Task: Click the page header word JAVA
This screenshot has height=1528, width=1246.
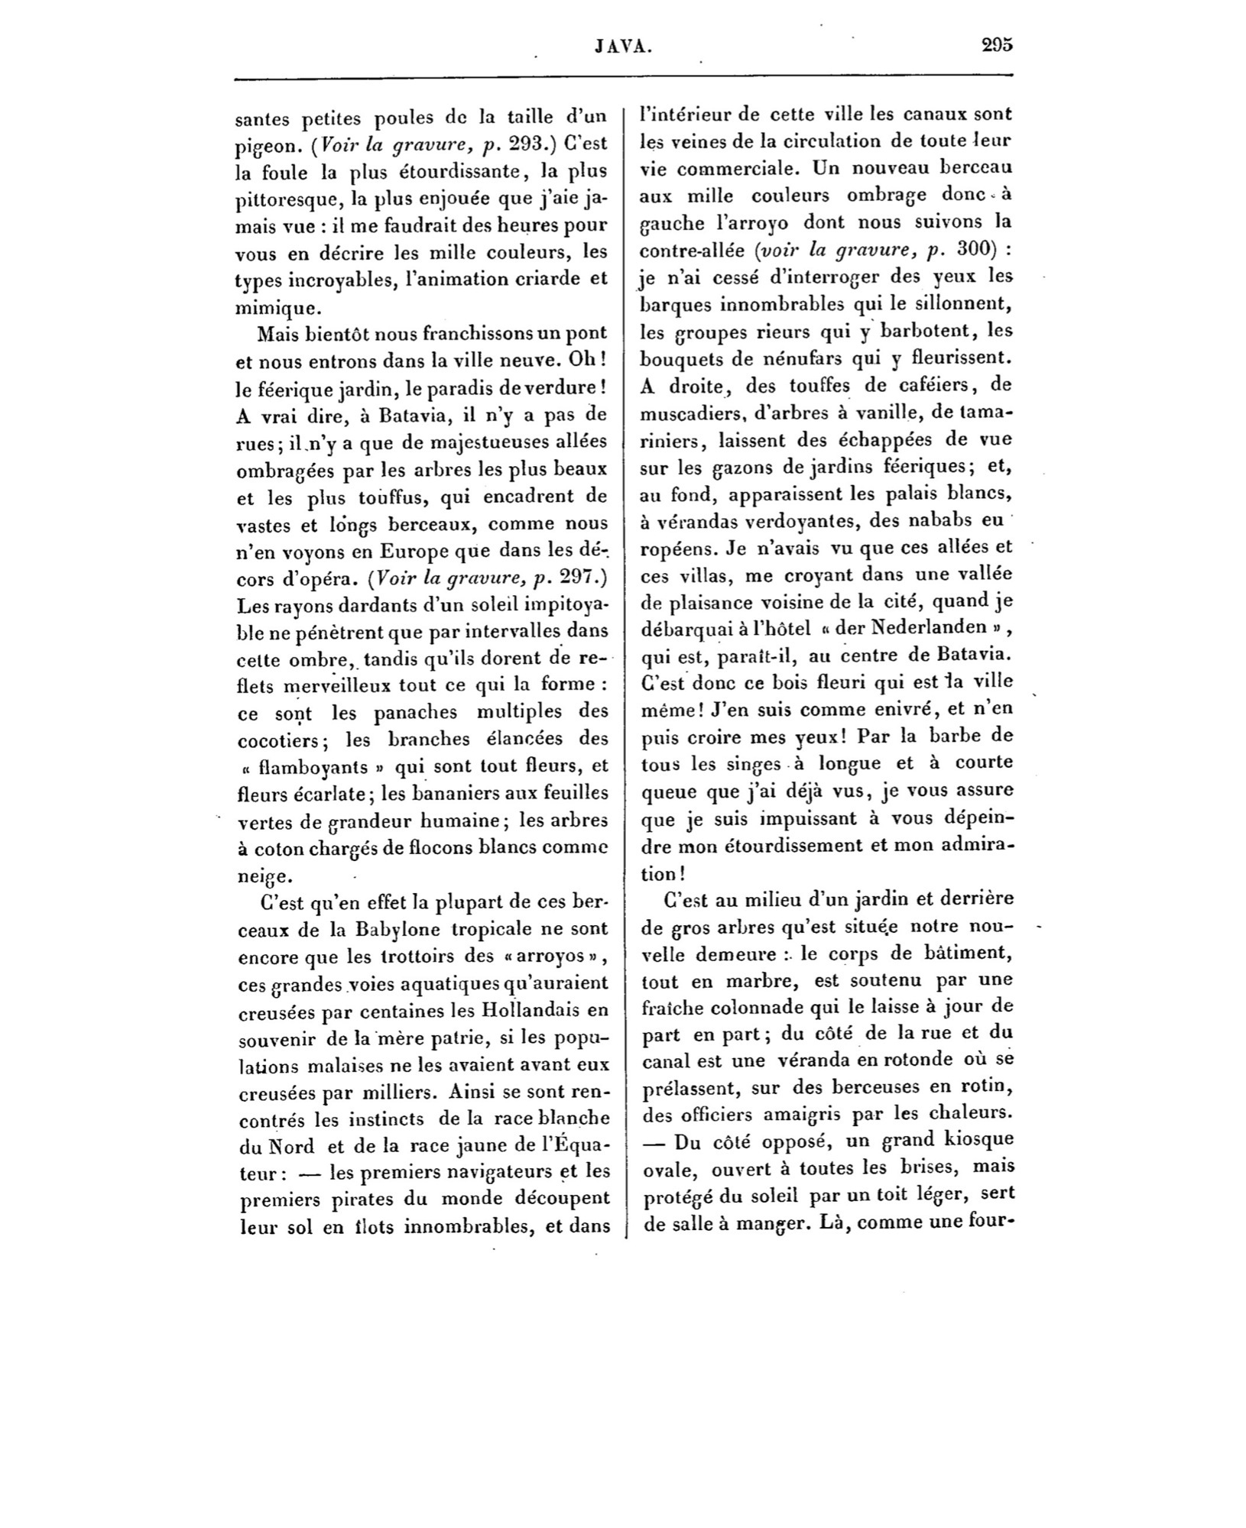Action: click(x=622, y=47)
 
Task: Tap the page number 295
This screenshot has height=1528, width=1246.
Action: click(x=997, y=45)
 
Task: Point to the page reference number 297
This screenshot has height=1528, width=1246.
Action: click(x=574, y=578)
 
